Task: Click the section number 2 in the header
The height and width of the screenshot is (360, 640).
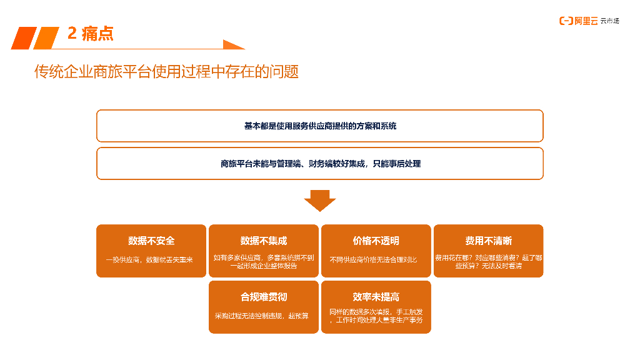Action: pyautogui.click(x=72, y=34)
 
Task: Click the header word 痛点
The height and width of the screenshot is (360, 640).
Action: pyautogui.click(x=97, y=34)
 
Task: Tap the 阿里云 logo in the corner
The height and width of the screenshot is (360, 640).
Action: pyautogui.click(x=578, y=21)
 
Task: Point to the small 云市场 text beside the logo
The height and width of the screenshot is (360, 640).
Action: pyautogui.click(x=609, y=21)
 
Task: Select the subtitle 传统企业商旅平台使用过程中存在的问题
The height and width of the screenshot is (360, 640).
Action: pyautogui.click(x=166, y=72)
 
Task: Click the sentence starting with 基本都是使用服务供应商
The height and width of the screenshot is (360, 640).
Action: pyautogui.click(x=320, y=126)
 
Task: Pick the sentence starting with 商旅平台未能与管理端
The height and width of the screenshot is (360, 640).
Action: pyautogui.click(x=320, y=164)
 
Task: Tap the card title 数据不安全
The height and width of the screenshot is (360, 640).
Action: pyautogui.click(x=151, y=241)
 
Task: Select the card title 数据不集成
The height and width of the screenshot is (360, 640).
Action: pyautogui.click(x=264, y=241)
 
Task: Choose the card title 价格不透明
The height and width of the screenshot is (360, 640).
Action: pyautogui.click(x=376, y=241)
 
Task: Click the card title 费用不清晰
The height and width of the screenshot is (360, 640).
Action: pyautogui.click(x=488, y=241)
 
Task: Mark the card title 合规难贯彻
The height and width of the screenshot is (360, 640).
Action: pyautogui.click(x=264, y=297)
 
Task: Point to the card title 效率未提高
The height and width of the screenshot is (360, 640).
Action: pyautogui.click(x=376, y=297)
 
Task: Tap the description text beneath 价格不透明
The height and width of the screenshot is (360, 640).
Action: pyautogui.click(x=373, y=259)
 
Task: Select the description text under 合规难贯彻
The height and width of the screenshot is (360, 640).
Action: pyautogui.click(x=261, y=316)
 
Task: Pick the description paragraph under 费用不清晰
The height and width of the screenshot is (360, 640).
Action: pyautogui.click(x=488, y=261)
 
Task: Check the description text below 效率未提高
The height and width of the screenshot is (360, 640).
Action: pyautogui.click(x=376, y=316)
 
